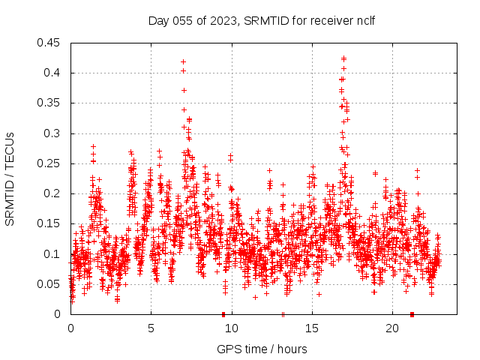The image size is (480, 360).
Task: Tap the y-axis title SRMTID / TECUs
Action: (x=10, y=179)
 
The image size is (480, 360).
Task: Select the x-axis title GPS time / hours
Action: (x=262, y=349)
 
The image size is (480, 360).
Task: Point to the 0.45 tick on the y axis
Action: (x=50, y=43)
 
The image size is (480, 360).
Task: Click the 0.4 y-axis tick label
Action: (x=53, y=73)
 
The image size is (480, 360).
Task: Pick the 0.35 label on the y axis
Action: (x=50, y=103)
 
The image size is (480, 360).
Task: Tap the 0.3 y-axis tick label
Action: (x=53, y=133)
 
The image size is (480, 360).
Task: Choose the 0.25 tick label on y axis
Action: (x=50, y=163)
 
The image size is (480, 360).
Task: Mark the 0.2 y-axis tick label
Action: (x=53, y=193)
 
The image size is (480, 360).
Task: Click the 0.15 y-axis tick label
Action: (x=50, y=224)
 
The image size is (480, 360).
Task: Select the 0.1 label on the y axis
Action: (x=53, y=254)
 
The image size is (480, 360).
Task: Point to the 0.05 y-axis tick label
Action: (x=50, y=284)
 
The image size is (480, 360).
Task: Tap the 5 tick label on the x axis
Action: (x=151, y=328)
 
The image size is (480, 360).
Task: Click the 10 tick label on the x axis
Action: (x=231, y=328)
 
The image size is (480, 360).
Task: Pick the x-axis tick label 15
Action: (x=311, y=328)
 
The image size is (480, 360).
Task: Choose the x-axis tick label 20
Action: (x=391, y=328)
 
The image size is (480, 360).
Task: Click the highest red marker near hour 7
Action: (x=183, y=61)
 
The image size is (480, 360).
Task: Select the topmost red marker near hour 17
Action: (x=343, y=58)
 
